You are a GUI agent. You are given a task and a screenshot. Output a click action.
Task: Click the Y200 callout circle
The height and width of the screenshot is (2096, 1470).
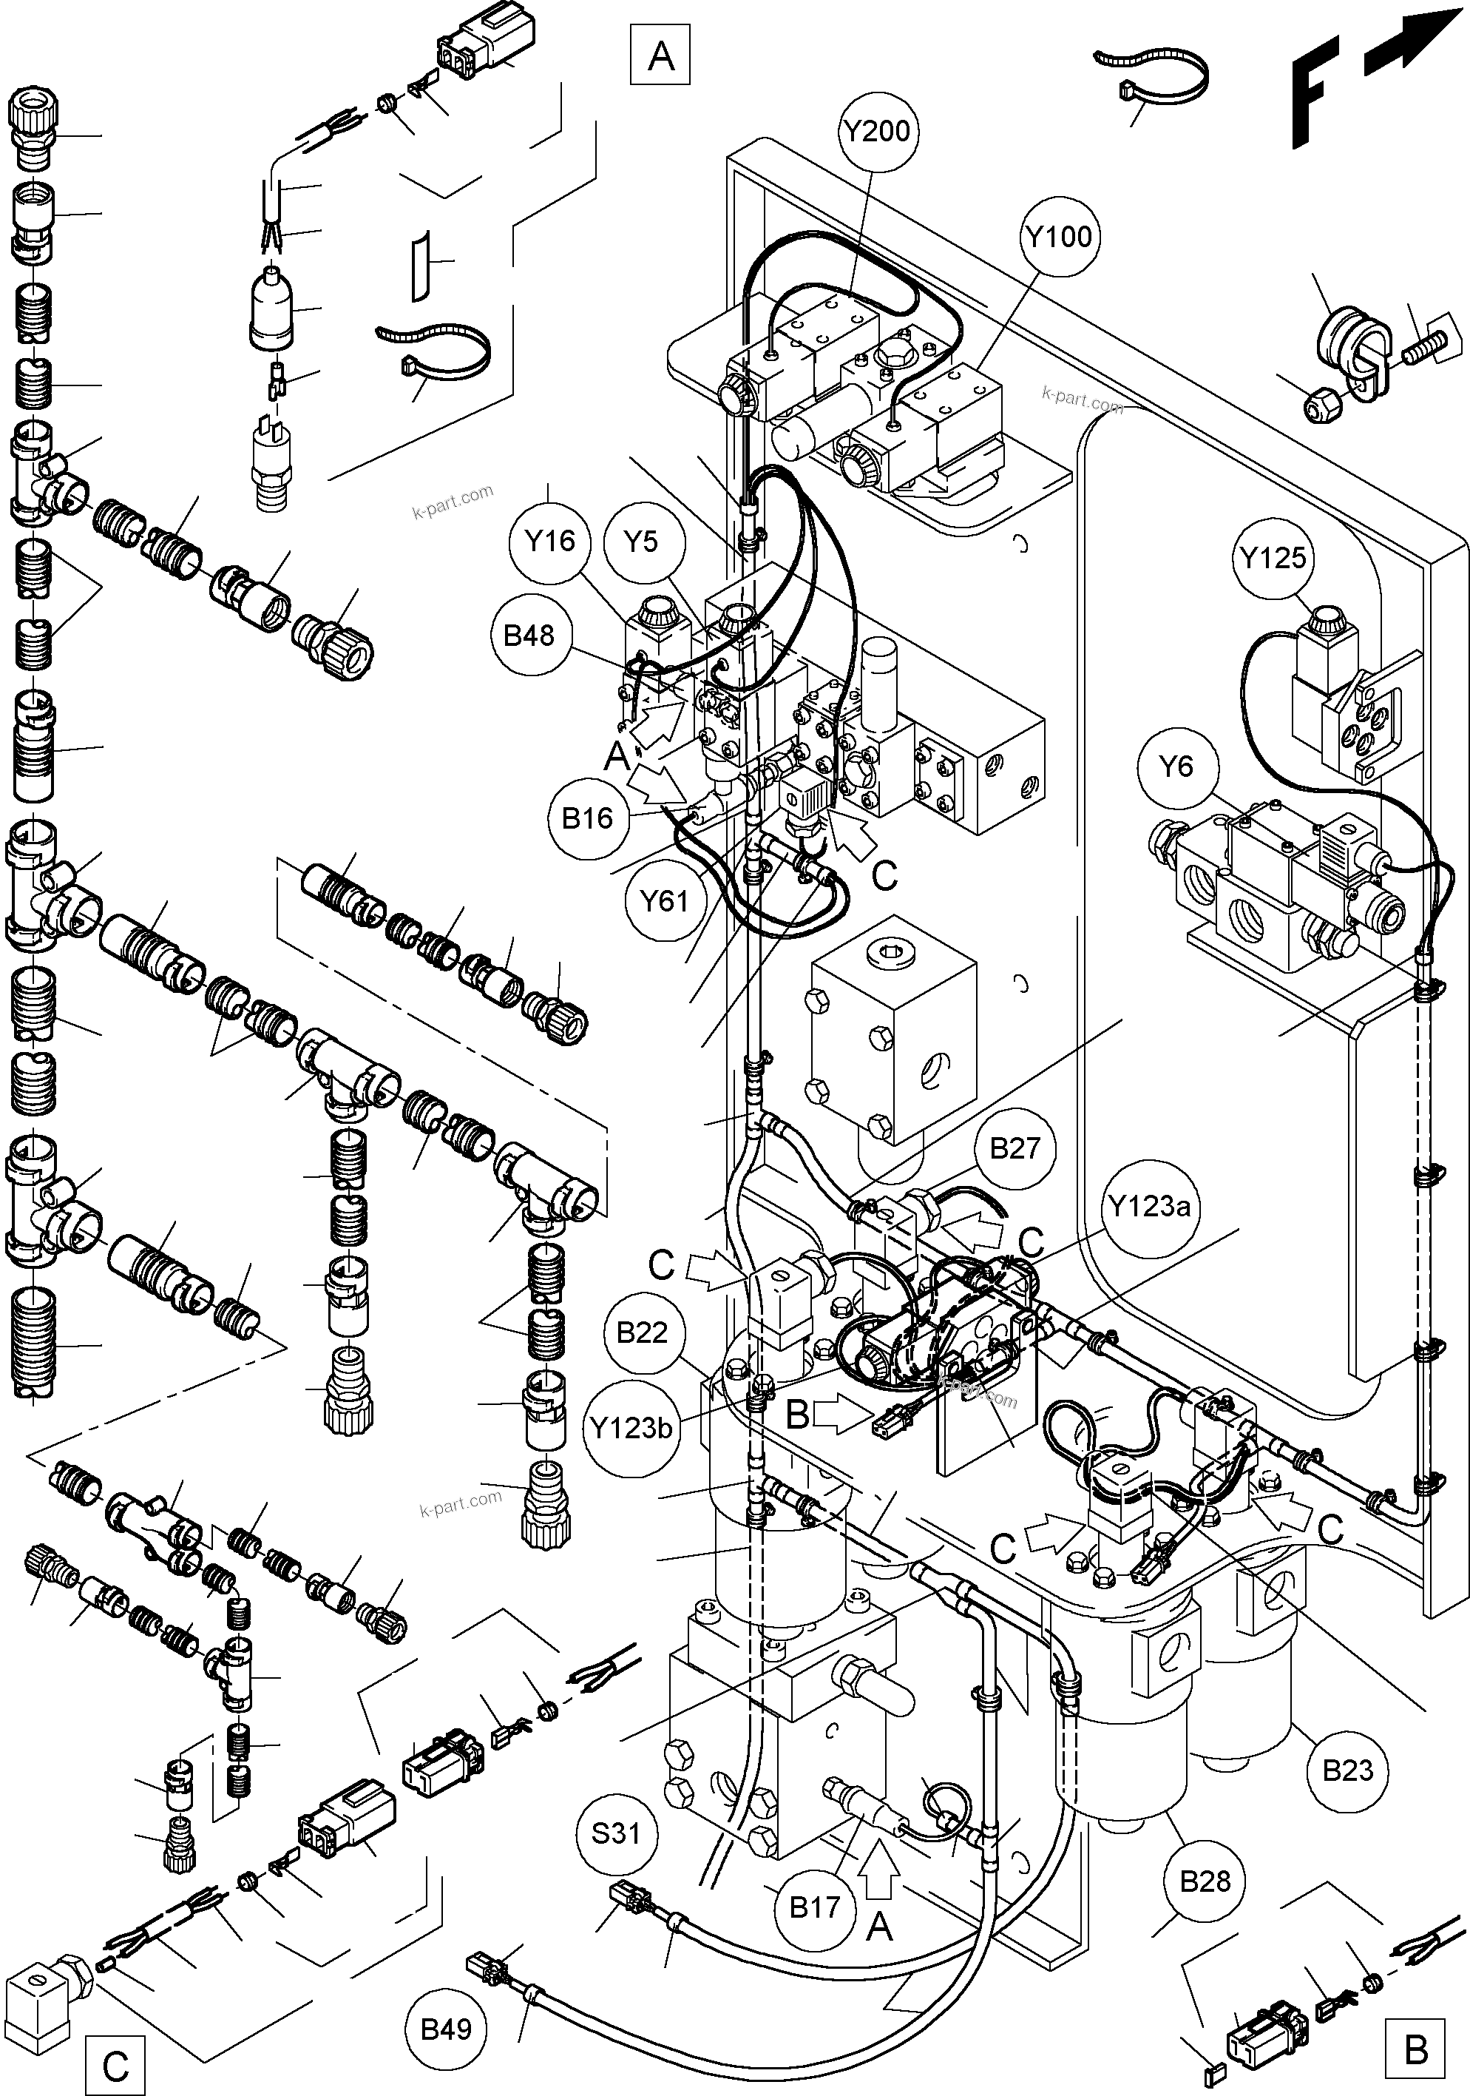coord(877,132)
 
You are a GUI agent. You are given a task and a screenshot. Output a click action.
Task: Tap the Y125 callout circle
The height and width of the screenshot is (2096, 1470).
coord(1273,557)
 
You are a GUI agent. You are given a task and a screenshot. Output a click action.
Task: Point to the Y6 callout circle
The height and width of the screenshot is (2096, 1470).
coord(1175,766)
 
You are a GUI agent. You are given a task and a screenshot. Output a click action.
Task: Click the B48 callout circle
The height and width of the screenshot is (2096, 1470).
coord(529,636)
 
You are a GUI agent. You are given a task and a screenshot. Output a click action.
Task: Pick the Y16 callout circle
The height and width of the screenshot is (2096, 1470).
coord(550,542)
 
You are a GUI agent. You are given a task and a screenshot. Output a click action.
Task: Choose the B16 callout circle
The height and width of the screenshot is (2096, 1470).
coord(586,819)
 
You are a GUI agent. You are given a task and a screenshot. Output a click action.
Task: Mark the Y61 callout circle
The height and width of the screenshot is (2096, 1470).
coord(663,902)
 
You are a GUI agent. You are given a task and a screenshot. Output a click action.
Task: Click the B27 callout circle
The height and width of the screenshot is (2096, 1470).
coord(1015,1148)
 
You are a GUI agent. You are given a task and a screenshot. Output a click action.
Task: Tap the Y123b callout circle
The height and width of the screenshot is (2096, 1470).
coord(631,1427)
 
